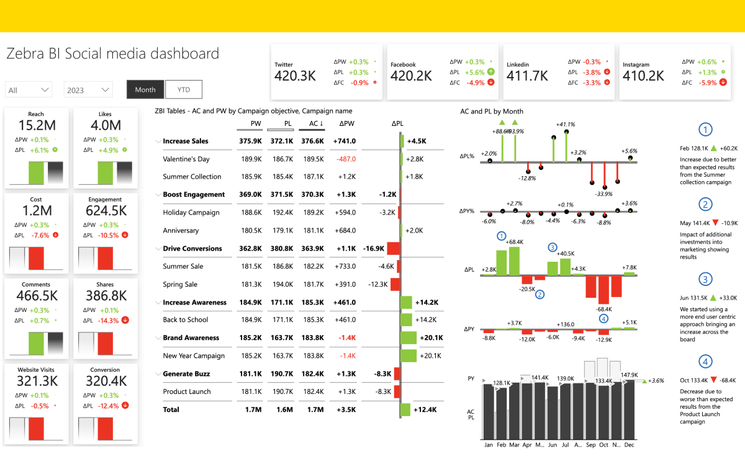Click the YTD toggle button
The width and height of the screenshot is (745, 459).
184,89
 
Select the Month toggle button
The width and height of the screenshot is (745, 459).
145,89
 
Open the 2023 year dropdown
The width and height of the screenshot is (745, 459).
88,90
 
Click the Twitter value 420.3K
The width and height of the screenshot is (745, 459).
296,76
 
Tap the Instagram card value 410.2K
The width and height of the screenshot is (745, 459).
644,76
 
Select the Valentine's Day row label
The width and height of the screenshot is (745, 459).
186,159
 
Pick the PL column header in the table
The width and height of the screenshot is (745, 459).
287,123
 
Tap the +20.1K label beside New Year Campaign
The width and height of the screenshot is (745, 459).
431,355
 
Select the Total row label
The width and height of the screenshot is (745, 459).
171,409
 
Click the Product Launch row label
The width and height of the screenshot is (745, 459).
187,391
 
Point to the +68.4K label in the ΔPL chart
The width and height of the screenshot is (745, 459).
516,242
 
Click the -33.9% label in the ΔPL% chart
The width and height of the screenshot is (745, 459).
604,194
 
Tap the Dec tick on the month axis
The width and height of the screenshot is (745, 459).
630,445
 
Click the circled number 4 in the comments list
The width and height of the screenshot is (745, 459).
705,362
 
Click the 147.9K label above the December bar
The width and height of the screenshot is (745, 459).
629,375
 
